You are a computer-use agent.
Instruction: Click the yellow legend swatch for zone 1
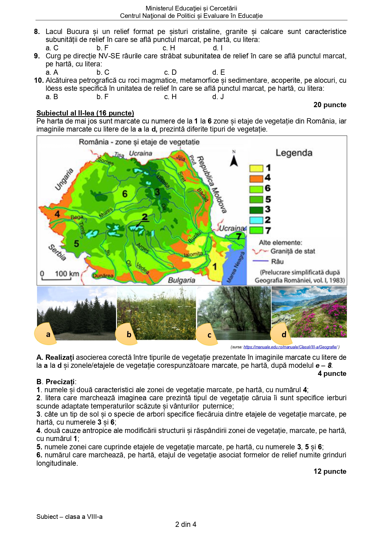tap(256, 168)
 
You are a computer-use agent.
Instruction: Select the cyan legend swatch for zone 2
tap(256, 220)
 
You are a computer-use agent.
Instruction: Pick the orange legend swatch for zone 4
tap(256, 178)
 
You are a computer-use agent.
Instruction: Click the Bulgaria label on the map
tap(181, 280)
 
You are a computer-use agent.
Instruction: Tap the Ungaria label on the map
tap(64, 179)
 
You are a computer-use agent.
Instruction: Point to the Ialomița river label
tap(193, 254)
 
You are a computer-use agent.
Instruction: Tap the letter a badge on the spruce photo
tap(48, 334)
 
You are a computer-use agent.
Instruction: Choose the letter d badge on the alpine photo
tap(284, 334)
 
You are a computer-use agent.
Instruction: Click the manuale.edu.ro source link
tap(290, 347)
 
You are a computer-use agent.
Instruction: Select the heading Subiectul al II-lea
tap(85, 113)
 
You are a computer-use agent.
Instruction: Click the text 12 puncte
tap(330, 471)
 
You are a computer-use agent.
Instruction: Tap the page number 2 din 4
tap(185, 524)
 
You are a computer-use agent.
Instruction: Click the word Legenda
tap(294, 153)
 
